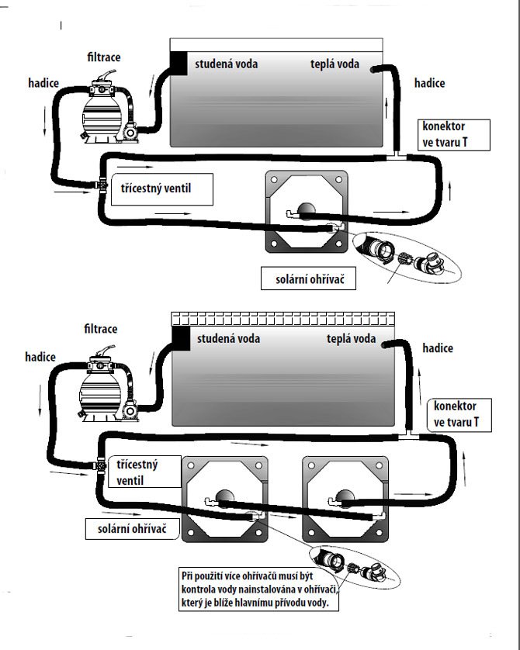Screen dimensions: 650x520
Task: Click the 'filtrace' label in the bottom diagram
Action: tap(101, 329)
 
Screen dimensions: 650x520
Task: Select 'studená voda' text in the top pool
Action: tap(226, 64)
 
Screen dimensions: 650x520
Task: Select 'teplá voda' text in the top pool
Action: tap(335, 64)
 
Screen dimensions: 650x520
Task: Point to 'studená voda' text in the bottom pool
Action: tap(228, 338)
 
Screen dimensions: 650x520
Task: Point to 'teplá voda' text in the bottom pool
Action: tap(351, 338)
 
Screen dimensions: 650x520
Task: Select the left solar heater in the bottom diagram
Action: tap(224, 500)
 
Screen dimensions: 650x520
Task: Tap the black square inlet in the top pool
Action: tap(179, 63)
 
